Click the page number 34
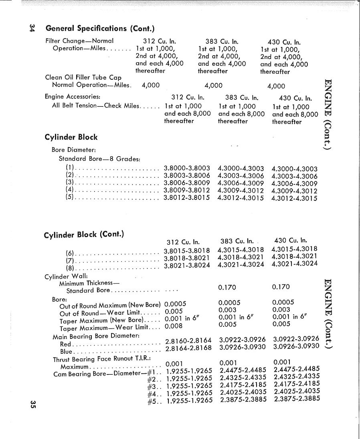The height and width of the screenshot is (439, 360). click(32, 28)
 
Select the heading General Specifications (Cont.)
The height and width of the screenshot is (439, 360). click(100, 28)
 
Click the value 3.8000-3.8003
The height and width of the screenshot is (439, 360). click(187, 169)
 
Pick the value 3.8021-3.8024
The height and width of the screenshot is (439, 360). click(187, 265)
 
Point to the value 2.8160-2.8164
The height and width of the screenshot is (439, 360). click(188, 341)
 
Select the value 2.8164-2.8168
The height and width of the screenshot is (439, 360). click(188, 348)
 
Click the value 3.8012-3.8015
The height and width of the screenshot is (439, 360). click(187, 197)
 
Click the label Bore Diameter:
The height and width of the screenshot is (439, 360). click(71, 150)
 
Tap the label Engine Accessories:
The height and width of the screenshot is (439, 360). click(73, 97)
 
